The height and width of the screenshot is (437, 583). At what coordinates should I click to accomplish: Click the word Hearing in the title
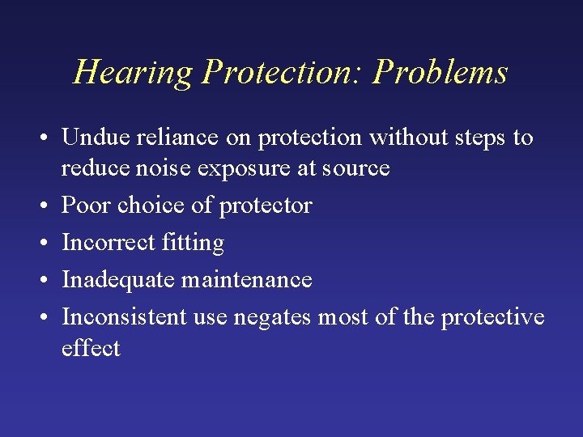[x=133, y=73]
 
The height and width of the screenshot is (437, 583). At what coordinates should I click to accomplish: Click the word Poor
[x=87, y=206]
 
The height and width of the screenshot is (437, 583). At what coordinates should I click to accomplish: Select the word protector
[x=265, y=206]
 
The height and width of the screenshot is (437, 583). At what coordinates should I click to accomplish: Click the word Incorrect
[x=110, y=242]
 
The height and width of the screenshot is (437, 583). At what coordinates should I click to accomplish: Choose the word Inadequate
[x=118, y=280]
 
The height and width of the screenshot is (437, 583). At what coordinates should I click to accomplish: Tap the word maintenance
[x=247, y=279]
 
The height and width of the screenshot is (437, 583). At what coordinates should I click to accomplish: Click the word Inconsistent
[x=125, y=316]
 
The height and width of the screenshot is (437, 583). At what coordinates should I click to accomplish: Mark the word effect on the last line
[x=91, y=348]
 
